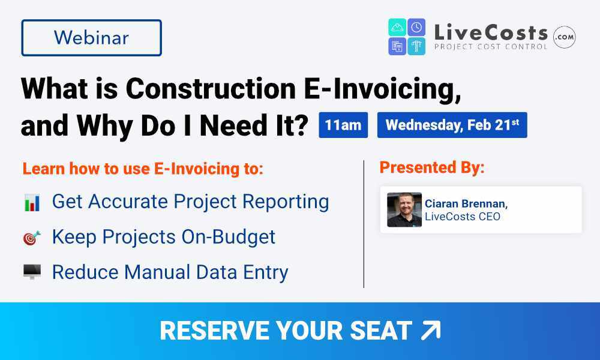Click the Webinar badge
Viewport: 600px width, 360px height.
(91, 38)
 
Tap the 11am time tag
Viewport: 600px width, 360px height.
(343, 125)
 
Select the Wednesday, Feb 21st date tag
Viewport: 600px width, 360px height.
(452, 125)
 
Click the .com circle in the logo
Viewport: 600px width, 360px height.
(564, 37)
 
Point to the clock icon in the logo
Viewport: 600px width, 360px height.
(416, 27)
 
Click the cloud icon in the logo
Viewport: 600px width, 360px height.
(397, 27)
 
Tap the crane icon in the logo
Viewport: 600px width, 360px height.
(416, 46)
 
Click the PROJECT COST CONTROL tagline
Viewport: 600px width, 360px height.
(490, 46)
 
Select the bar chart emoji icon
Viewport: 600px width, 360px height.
(32, 202)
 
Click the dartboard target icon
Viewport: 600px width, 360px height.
(32, 238)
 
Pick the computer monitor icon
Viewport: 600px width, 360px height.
(32, 272)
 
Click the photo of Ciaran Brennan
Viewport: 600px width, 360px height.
(404, 209)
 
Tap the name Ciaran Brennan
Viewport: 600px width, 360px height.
(466, 203)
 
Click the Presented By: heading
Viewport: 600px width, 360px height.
(432, 168)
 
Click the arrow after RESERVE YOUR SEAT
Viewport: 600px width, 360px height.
(430, 331)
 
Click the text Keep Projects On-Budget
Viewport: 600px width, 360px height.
(164, 237)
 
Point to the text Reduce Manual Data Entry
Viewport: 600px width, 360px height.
(170, 272)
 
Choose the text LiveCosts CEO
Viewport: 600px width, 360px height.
(463, 216)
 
